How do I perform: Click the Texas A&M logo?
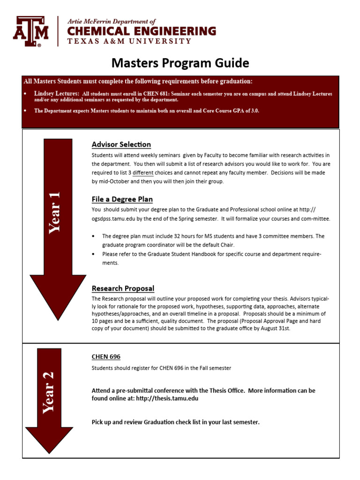[30, 31]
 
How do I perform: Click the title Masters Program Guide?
[180, 63]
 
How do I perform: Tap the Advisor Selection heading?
[121, 144]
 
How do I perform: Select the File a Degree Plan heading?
[122, 199]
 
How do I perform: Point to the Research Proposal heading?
[123, 288]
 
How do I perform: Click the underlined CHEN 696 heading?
[106, 357]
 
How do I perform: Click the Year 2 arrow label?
[49, 393]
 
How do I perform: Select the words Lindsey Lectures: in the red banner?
[56, 94]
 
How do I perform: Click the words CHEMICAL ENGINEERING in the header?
[142, 31]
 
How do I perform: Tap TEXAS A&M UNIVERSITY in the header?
[129, 41]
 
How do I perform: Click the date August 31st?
[276, 329]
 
